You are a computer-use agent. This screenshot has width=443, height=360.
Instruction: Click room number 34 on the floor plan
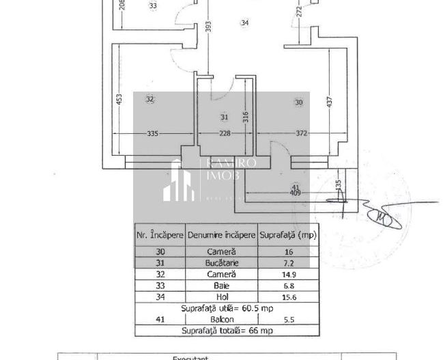[x=244, y=23]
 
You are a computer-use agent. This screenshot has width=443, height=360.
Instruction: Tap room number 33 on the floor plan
[x=152, y=5]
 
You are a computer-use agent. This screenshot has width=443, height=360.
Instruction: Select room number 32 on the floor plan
[x=150, y=100]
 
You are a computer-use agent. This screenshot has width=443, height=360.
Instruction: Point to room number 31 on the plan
[x=225, y=117]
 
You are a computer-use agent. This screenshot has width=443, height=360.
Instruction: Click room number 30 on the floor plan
[x=298, y=102]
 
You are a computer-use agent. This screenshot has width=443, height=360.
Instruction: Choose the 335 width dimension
[x=153, y=134]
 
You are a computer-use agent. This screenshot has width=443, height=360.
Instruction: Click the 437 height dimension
[x=330, y=102]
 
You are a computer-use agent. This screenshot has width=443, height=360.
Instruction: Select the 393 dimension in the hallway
[x=209, y=26]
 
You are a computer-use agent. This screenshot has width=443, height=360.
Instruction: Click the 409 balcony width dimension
[x=296, y=193]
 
